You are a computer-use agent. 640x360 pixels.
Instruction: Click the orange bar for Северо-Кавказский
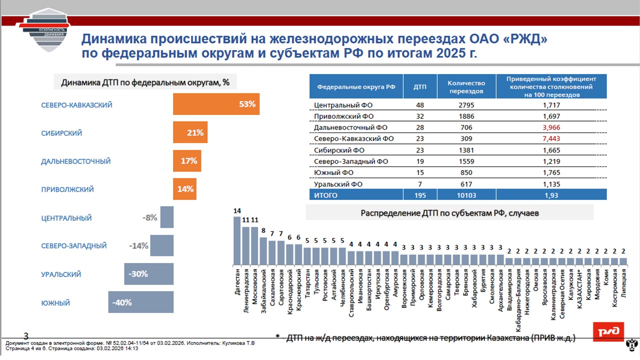216,104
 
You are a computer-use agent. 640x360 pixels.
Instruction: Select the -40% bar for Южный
140,302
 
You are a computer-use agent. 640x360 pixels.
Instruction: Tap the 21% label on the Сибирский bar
195,133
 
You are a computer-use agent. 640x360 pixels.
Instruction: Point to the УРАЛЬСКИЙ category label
61,274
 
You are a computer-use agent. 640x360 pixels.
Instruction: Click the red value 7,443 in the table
551,138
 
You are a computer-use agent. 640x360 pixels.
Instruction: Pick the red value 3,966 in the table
551,127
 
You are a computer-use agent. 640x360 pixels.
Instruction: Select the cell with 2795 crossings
466,105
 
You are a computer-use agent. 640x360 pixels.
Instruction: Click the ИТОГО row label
326,195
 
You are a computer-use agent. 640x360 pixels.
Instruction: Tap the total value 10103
466,195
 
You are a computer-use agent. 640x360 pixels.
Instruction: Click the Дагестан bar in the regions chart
237,240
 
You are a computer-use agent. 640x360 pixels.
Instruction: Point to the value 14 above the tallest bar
237,211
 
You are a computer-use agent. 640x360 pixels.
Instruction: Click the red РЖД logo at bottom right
608,331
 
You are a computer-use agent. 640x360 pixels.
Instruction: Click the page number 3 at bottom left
26,335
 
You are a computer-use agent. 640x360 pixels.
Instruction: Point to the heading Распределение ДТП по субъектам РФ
449,213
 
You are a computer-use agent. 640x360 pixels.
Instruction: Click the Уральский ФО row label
338,184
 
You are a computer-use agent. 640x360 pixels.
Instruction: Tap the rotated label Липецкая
623,283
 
